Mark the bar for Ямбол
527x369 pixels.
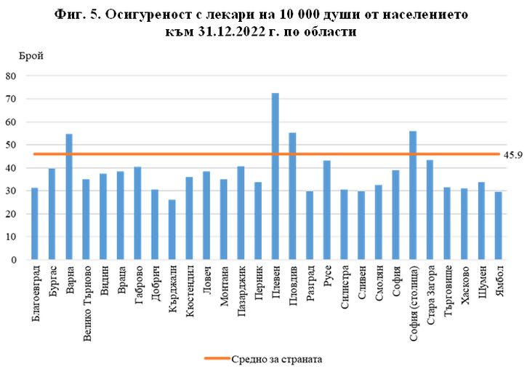click(x=499, y=226)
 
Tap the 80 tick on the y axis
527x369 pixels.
click(x=11, y=76)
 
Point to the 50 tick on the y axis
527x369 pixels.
click(x=11, y=145)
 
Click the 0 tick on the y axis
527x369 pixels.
click(x=14, y=260)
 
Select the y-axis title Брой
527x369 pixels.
click(x=32, y=55)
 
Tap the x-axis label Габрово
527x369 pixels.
click(x=138, y=285)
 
